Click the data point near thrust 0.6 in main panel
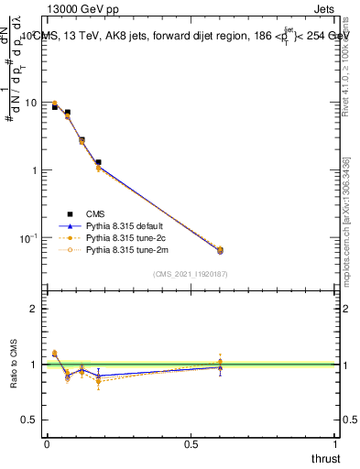220,250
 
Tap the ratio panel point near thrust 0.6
220,365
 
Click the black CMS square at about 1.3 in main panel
98,162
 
